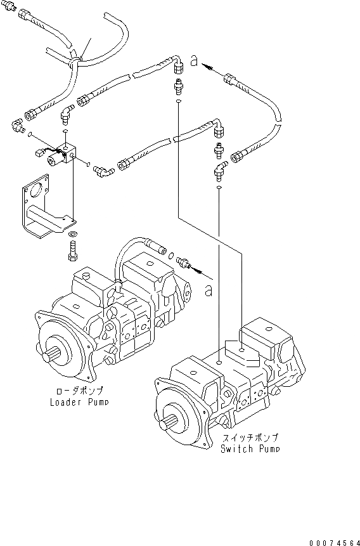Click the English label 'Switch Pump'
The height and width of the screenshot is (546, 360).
pyautogui.click(x=250, y=449)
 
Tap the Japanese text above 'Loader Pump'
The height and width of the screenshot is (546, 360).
pyautogui.click(x=77, y=391)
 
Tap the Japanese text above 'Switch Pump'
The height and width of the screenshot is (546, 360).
pyautogui.click(x=250, y=438)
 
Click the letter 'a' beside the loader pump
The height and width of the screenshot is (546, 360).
pyautogui.click(x=209, y=290)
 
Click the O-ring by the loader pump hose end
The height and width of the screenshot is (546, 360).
pyautogui.click(x=172, y=256)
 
